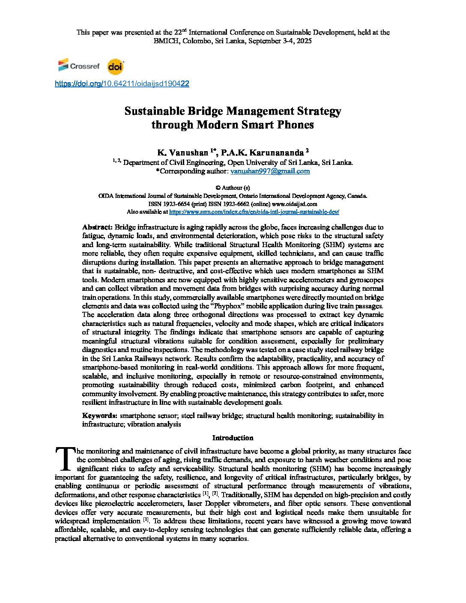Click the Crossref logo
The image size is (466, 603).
[79, 66]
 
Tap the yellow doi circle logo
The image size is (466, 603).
[115, 67]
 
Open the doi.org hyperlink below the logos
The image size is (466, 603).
[122, 84]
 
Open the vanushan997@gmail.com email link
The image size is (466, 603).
[270, 171]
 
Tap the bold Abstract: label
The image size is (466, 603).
[97, 227]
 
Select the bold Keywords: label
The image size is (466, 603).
[99, 415]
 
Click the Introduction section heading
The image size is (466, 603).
[233, 438]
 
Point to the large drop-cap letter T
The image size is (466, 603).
[65, 458]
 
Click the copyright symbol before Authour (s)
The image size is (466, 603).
[218, 188]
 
